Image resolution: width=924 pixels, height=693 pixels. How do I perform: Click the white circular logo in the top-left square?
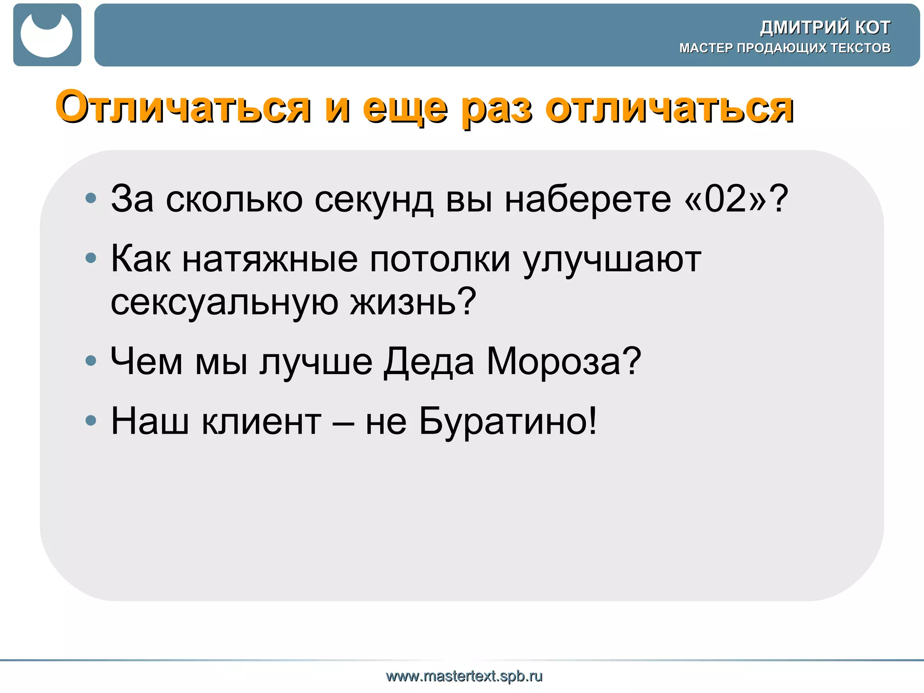point(46,35)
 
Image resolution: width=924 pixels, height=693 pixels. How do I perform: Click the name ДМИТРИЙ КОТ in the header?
point(825,28)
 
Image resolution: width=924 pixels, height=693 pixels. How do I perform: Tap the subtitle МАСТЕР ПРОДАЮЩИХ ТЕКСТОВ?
point(785,48)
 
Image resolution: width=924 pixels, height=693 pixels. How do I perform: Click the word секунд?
point(374,199)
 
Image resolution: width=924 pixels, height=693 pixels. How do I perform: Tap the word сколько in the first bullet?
point(234,199)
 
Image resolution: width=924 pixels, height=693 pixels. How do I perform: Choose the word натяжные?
point(270,260)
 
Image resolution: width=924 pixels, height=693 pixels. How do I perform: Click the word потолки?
point(440,260)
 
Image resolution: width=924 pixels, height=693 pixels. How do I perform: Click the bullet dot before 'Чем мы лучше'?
point(91,360)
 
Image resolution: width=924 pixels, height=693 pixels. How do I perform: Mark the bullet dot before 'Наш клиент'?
point(91,420)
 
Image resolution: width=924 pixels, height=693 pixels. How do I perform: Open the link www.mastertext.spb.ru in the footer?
point(464,676)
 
